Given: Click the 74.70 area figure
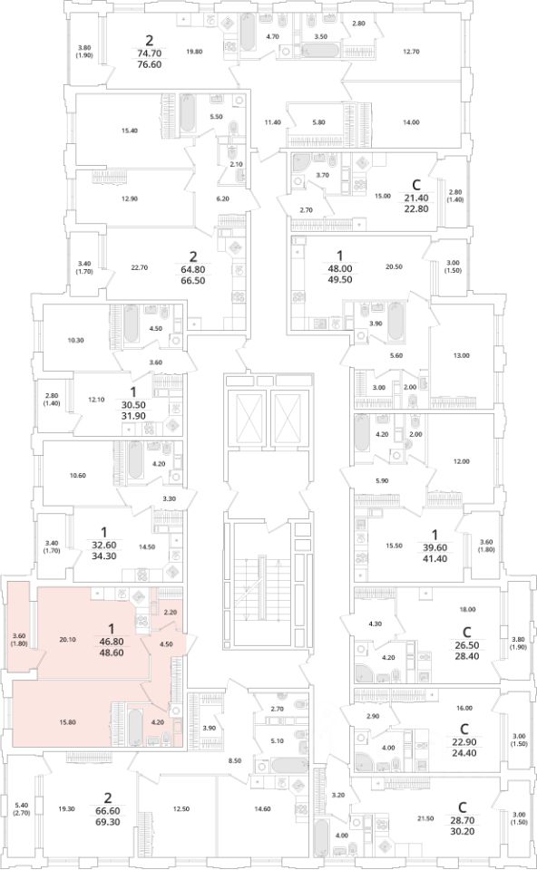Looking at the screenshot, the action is coord(149,53).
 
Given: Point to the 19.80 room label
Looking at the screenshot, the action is coord(194,52).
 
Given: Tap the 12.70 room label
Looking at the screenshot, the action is coord(411,52).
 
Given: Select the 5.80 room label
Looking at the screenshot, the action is coord(318,122).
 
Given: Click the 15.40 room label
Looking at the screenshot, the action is coord(130,130).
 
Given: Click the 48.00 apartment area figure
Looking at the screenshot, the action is coord(340,268).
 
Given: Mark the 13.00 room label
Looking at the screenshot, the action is coord(462,355).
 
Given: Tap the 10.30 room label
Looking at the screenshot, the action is coord(75,340).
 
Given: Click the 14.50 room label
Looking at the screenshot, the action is coord(147,546).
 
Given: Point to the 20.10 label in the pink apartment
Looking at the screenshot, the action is coord(67,639).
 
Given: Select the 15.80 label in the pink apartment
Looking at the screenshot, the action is coord(67,722).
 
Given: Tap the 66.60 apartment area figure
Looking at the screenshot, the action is coord(108,810).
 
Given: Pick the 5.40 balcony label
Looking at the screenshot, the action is coord(21,805).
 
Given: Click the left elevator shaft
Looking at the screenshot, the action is coord(245,416).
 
